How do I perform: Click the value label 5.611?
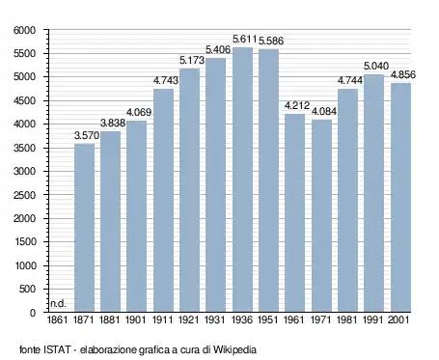click(242, 41)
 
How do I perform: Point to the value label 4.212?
click(294, 106)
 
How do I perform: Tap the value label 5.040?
click(374, 68)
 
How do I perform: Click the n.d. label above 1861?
click(57, 303)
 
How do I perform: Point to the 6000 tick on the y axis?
click(24, 30)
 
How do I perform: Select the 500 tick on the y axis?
click(28, 290)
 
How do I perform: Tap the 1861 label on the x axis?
click(58, 318)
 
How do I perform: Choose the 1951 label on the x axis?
click(268, 318)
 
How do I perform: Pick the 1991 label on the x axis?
click(374, 318)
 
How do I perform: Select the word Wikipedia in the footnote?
click(233, 348)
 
